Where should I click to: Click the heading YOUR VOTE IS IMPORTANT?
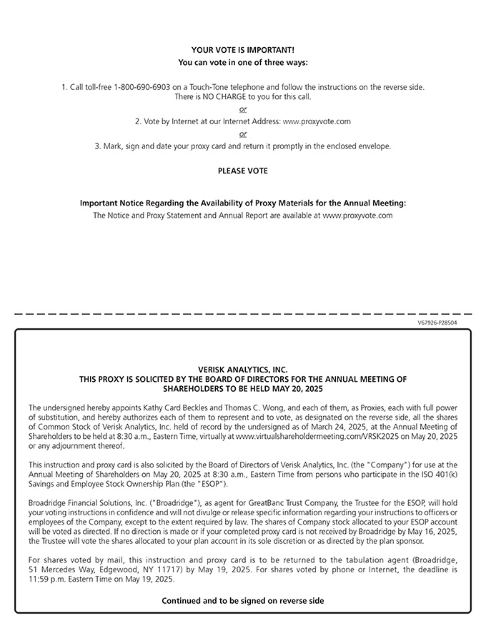(242, 50)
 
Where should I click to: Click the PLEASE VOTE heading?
(242, 171)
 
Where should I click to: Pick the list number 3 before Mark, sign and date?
(96, 146)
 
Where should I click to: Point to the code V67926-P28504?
(437, 323)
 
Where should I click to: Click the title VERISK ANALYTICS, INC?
(242, 370)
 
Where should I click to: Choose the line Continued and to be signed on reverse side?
(242, 601)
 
